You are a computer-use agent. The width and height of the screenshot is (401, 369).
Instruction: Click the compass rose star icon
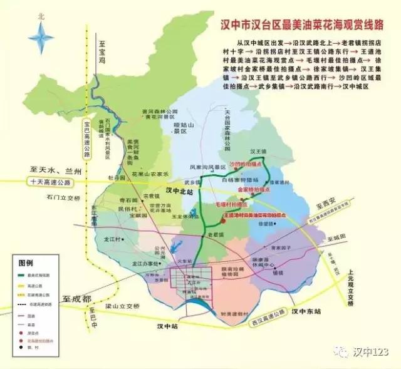point(41,37)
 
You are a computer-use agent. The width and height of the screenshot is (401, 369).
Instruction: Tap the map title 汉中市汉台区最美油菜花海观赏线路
point(301,27)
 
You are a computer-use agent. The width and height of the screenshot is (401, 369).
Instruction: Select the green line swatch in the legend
point(24,273)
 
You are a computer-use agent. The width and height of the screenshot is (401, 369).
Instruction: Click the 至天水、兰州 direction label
point(53,170)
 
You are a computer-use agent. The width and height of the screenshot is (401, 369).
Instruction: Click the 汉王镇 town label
point(258,152)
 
